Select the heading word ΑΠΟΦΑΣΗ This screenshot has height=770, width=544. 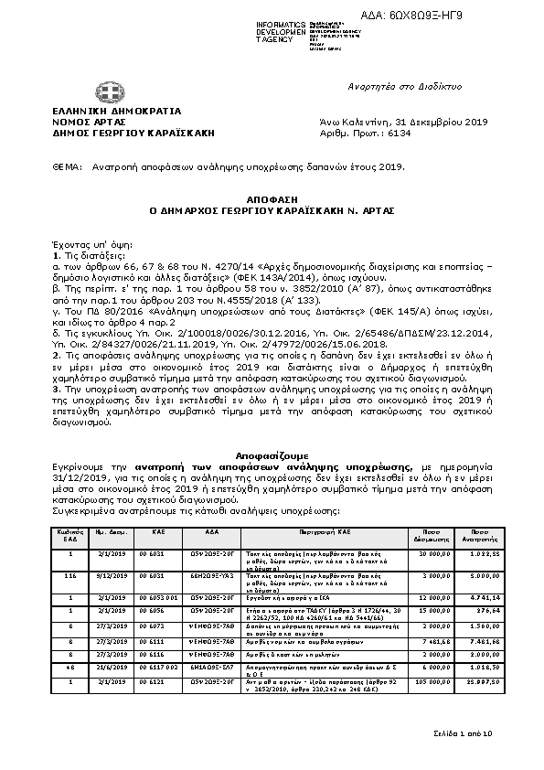tap(272, 198)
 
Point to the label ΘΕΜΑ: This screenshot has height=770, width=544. tap(68, 168)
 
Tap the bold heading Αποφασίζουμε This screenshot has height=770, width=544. tap(272, 455)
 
